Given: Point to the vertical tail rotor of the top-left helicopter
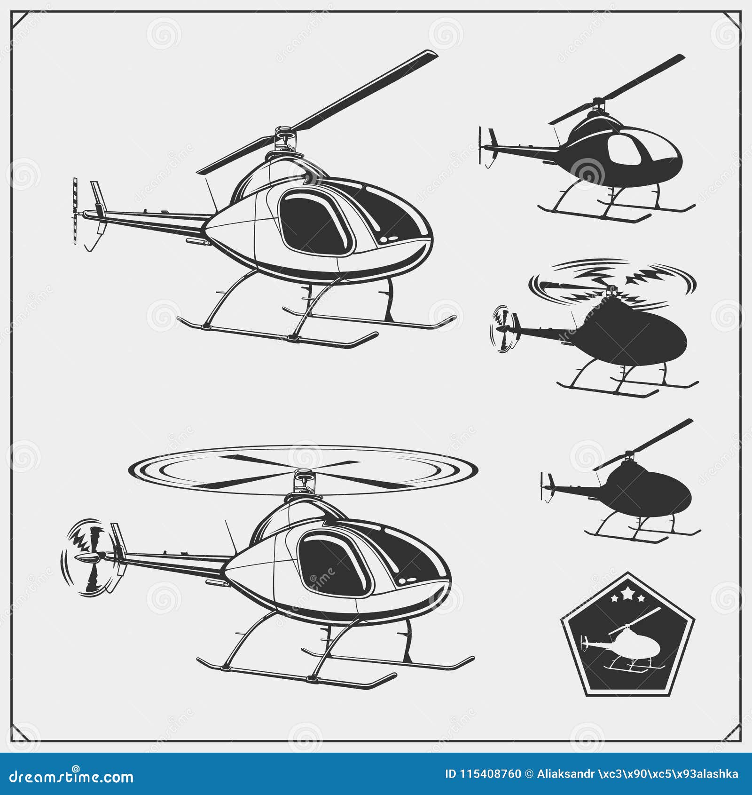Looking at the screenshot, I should tap(75, 211).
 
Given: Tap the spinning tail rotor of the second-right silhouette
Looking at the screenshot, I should tap(503, 329).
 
